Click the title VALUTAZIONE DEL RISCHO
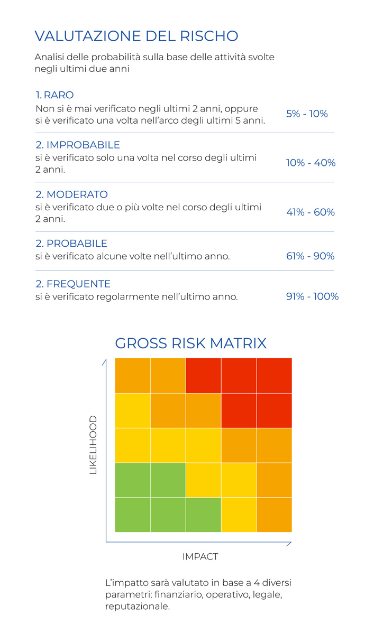point(136,36)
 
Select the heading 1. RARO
point(54,95)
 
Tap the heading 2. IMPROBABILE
point(78,145)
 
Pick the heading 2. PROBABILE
point(71,244)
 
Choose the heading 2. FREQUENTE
point(73,284)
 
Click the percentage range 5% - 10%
point(307,114)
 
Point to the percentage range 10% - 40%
point(311,163)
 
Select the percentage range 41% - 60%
point(311,212)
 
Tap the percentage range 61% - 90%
point(311,256)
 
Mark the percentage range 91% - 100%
point(312,296)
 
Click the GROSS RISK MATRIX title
point(191,343)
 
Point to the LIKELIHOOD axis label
point(93,444)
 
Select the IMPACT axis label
point(200,556)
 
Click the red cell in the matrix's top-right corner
point(274,376)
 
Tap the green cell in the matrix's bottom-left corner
point(133,515)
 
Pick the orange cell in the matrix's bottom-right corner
point(274,515)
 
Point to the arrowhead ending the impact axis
point(289,542)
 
